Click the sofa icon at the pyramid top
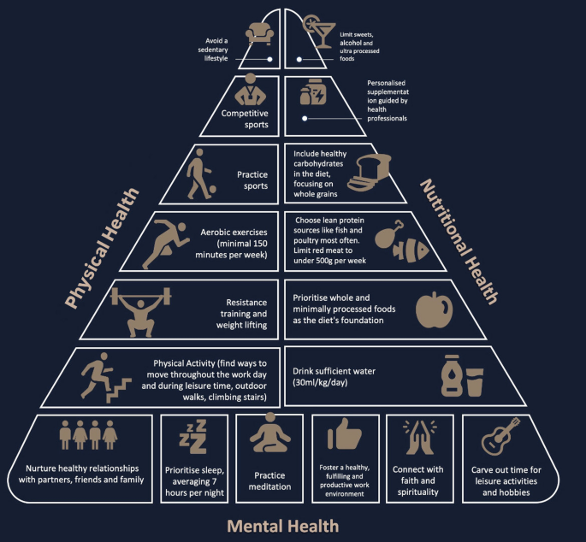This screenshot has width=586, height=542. [x=259, y=33]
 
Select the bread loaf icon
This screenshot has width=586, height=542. [x=369, y=174]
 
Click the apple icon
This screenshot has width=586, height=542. [x=431, y=309]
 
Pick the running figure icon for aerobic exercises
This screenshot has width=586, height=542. [x=169, y=242]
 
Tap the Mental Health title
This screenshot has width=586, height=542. [x=283, y=525]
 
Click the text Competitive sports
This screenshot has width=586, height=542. [x=245, y=118]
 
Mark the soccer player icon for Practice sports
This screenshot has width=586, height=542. [x=200, y=175]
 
